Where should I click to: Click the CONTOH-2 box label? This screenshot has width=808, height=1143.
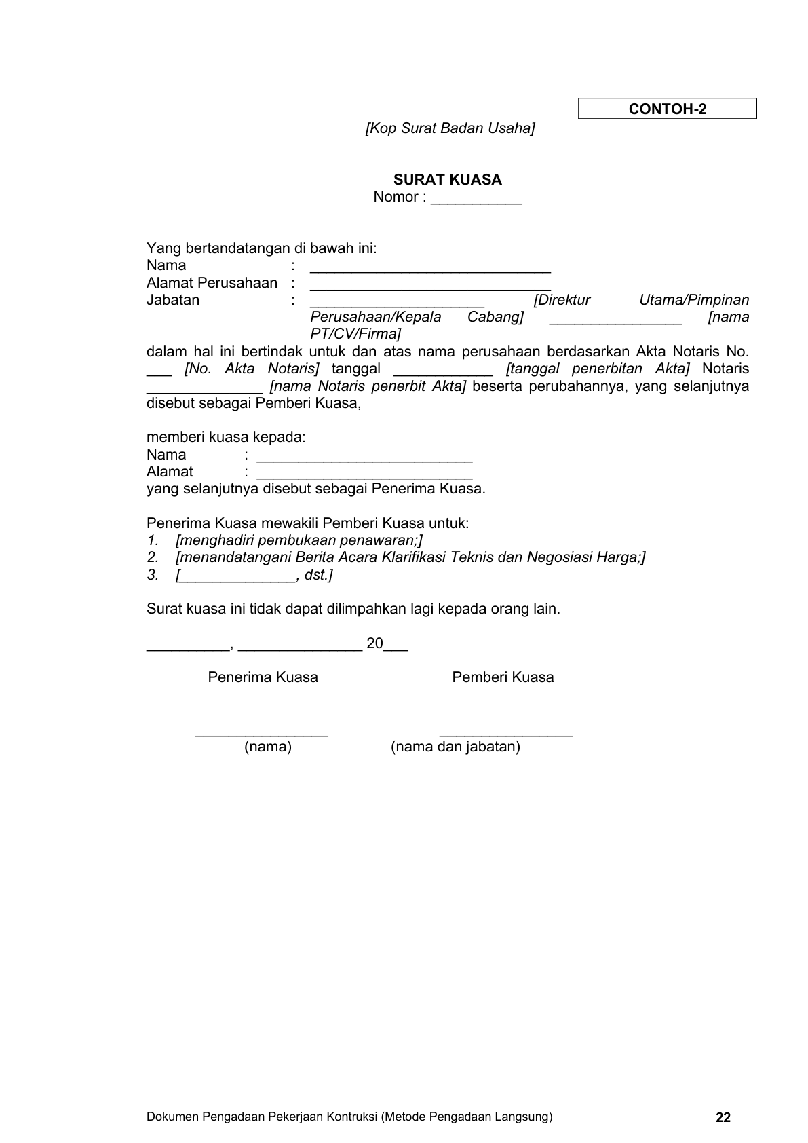click(x=667, y=109)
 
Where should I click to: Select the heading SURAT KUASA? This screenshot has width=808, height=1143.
click(x=447, y=180)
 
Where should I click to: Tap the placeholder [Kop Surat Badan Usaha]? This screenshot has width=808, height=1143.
click(x=450, y=128)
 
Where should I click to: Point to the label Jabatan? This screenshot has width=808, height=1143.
click(x=173, y=300)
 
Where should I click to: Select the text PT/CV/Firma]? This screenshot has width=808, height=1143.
click(x=355, y=334)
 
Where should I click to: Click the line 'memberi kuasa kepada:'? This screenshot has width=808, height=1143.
click(x=226, y=437)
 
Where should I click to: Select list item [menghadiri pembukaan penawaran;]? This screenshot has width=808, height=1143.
click(x=299, y=540)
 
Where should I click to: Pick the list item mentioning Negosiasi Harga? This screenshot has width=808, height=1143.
click(x=410, y=557)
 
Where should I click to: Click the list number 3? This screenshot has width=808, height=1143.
click(x=152, y=575)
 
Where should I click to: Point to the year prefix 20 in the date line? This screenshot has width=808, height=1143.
click(x=374, y=643)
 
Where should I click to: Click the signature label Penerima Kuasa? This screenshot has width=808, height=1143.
click(x=263, y=677)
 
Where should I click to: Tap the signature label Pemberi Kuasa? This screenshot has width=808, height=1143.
click(x=503, y=677)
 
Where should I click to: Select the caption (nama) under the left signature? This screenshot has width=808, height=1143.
click(x=268, y=747)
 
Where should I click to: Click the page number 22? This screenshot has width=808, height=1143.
click(x=723, y=1117)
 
